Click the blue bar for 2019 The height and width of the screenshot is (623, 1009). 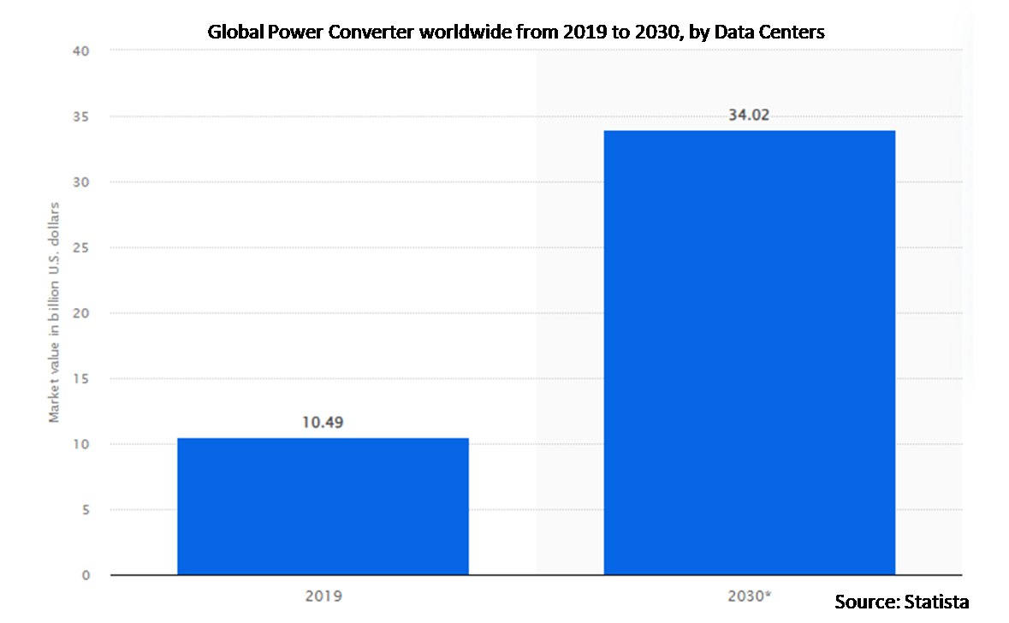coord(323,506)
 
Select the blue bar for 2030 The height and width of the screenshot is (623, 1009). coord(749,352)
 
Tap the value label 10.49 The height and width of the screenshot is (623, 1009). coord(323,422)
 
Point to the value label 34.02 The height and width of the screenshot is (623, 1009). coord(749,115)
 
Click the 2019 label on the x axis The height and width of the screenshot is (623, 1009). coord(323,594)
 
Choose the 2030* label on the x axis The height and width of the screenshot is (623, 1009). coord(750,594)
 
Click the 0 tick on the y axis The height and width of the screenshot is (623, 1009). coord(86,575)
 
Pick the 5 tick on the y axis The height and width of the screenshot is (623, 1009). coord(86,510)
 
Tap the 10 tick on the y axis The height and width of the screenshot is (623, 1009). coord(83,444)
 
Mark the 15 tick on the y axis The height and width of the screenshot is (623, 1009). coord(83,378)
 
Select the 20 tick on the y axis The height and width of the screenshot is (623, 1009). coord(83,313)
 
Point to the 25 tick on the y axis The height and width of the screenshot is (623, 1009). coord(83,247)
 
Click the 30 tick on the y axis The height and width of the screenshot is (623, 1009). coord(83,182)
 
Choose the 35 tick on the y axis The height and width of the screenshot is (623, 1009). coord(83,116)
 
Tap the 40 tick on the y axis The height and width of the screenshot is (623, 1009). coord(83,50)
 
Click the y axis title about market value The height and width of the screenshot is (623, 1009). coord(55,313)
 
